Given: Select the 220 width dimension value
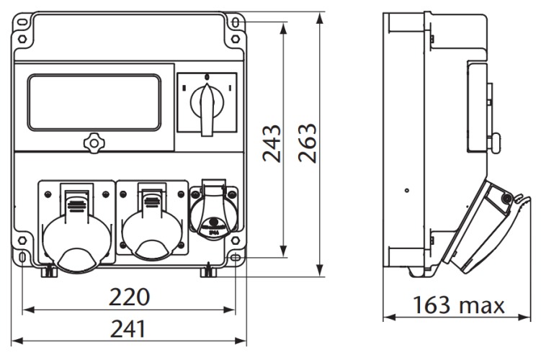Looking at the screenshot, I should click(129, 297).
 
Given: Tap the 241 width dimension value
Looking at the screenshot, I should click(129, 329).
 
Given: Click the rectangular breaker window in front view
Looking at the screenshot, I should click(94, 103).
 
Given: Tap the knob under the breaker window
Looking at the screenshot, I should click(93, 143).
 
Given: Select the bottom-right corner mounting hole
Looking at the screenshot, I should click(235, 257).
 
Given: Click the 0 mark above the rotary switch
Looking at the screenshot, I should click(207, 76).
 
